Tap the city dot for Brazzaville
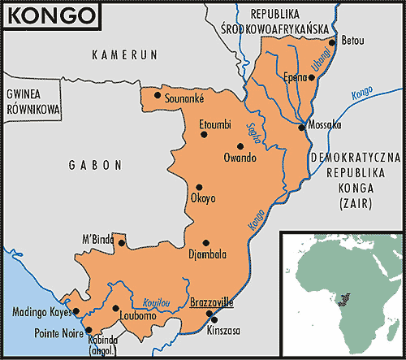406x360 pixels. (x=209, y=314)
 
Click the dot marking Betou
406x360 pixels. (x=332, y=40)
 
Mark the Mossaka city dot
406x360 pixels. (x=301, y=127)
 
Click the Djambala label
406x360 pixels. (x=206, y=254)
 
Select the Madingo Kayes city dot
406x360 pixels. (x=76, y=311)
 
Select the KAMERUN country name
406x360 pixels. (x=122, y=57)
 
